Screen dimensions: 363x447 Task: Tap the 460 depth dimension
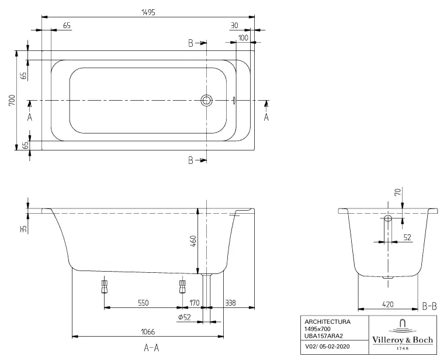click(x=193, y=241)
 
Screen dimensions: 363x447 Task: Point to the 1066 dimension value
click(x=148, y=331)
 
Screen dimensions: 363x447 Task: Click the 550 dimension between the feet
click(x=143, y=302)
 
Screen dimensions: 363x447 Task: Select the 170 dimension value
click(x=195, y=302)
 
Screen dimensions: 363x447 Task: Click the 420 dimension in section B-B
click(x=388, y=304)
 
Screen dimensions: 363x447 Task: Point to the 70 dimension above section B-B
click(x=397, y=191)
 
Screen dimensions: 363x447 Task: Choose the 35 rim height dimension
click(x=23, y=228)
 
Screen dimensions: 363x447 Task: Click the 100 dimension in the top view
click(x=243, y=38)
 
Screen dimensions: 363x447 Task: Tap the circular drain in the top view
click(x=206, y=100)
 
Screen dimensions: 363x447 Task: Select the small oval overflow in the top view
click(x=234, y=100)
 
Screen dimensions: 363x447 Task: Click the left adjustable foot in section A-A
click(x=105, y=286)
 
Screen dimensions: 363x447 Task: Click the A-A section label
click(x=151, y=348)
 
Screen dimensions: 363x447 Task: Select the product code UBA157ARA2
click(x=323, y=336)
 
